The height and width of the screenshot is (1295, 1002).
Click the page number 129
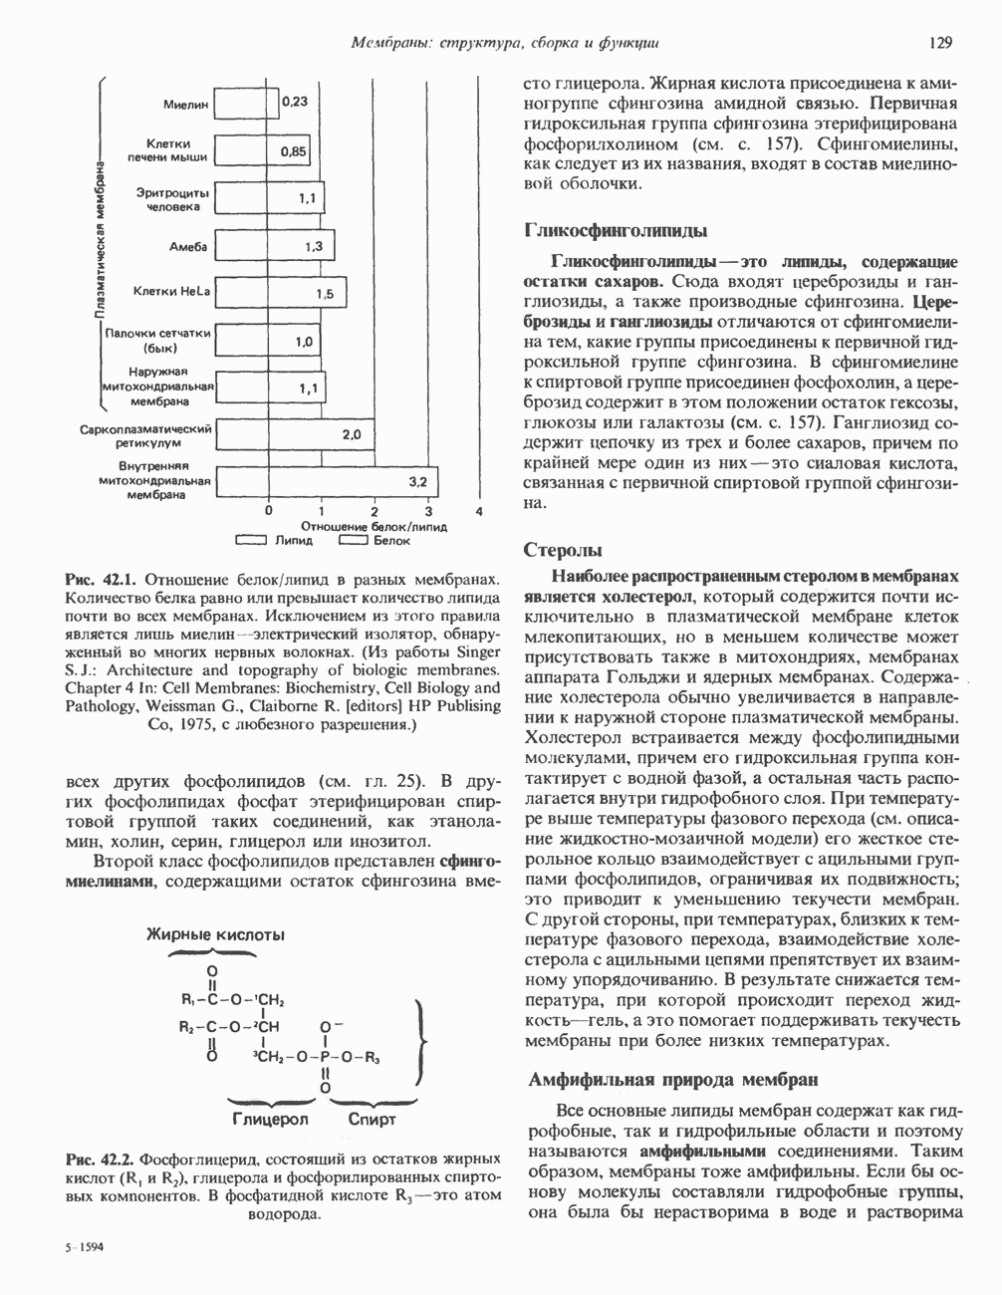pyautogui.click(x=939, y=43)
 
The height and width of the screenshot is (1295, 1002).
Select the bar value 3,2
pyautogui.click(x=418, y=481)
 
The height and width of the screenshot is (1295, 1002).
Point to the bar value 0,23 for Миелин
pyautogui.click(x=294, y=102)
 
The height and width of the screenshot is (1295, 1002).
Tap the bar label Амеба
pyautogui.click(x=188, y=245)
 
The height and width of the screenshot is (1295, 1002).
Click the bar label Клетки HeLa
pyautogui.click(x=171, y=291)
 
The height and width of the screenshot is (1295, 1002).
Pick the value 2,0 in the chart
pyautogui.click(x=352, y=434)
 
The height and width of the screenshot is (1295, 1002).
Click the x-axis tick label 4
pyautogui.click(x=479, y=511)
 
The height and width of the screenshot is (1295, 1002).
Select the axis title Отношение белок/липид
pyautogui.click(x=374, y=526)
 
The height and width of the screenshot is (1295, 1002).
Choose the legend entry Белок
pyautogui.click(x=391, y=541)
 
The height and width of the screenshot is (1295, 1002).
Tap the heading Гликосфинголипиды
pyautogui.click(x=615, y=231)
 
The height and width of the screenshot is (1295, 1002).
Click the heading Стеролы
pyautogui.click(x=563, y=550)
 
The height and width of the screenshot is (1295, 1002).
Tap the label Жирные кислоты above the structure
pyautogui.click(x=216, y=934)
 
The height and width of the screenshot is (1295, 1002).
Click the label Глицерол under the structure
pyautogui.click(x=270, y=1119)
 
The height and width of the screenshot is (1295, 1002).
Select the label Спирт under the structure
pyautogui.click(x=372, y=1119)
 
